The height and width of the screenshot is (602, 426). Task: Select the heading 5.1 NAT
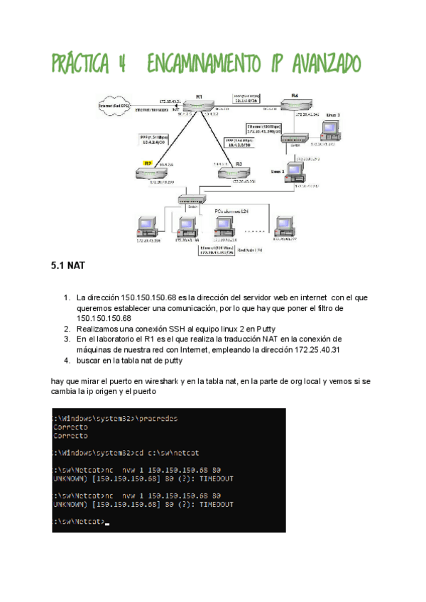pos(67,268)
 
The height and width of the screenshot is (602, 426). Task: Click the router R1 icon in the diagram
pos(200,106)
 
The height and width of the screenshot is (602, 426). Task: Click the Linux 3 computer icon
pos(329,130)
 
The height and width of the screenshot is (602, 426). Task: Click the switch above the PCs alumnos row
pos(191,201)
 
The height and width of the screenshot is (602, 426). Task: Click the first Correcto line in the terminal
pos(71,427)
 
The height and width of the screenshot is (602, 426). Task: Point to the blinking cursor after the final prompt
pos(107,523)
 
